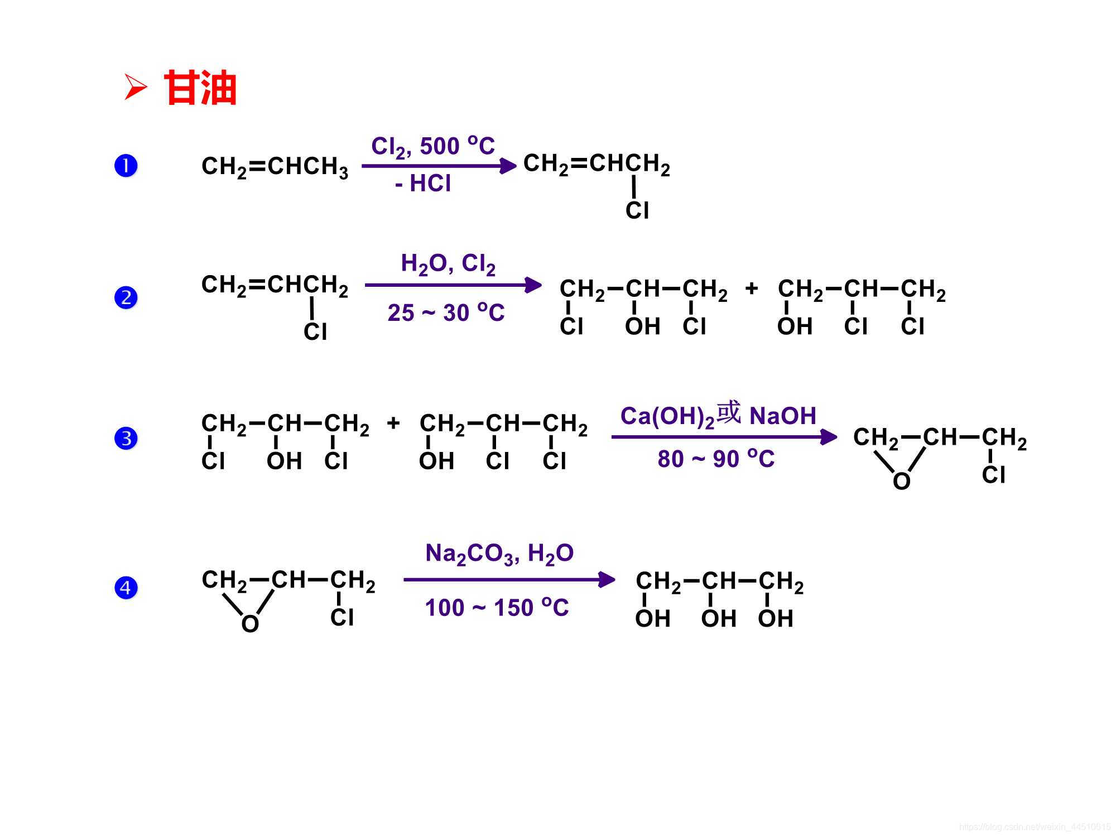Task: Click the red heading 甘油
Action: (200, 88)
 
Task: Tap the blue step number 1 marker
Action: (126, 166)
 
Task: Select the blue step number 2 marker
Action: (126, 297)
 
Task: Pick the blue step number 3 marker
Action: (126, 438)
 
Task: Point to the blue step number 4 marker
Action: (126, 588)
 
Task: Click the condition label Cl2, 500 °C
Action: (433, 147)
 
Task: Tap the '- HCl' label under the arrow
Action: (423, 184)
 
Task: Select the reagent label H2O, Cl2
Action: (448, 263)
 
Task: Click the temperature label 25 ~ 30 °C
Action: (446, 312)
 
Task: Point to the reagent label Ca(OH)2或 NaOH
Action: (718, 415)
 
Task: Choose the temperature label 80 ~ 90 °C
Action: (716, 459)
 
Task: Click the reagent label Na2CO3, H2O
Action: (499, 554)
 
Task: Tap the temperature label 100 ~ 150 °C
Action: (497, 607)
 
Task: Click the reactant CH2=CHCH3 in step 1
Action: (275, 167)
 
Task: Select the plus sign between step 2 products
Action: (752, 288)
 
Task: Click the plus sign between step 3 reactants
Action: (393, 423)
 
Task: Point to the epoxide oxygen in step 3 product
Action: (902, 481)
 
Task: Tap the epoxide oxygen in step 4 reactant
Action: (250, 624)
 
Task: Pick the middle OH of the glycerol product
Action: (719, 618)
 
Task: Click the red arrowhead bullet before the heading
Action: (136, 88)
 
